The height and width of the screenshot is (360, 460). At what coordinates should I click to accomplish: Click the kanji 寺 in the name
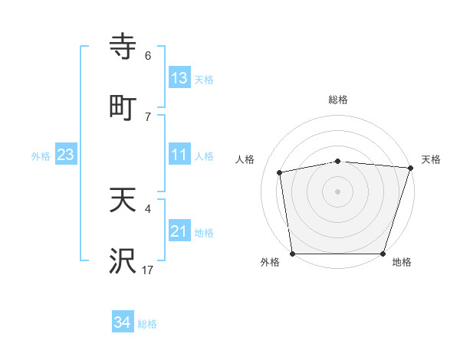point(123,47)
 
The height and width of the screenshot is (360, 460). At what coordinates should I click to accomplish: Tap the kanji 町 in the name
point(123,106)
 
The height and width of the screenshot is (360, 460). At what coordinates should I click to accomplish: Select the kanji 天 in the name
point(123,200)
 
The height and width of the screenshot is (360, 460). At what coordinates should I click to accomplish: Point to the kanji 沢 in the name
point(123,261)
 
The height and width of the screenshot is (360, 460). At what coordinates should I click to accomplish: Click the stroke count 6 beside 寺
point(148,56)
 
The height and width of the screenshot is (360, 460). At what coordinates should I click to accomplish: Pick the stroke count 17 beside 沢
point(148,270)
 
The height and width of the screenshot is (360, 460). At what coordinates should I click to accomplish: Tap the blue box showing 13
point(179,78)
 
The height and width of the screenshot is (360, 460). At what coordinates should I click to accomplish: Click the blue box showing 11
point(179,155)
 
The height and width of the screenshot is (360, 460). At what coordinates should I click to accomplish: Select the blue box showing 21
point(179,231)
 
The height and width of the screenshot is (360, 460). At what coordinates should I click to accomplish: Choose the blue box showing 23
point(66,155)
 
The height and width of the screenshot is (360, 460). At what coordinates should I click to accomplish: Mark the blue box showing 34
point(123,323)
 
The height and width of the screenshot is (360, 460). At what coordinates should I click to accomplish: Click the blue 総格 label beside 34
point(147,324)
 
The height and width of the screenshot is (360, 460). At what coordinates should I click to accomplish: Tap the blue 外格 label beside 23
point(41,155)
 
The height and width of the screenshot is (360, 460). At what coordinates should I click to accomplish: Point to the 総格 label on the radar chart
point(338,100)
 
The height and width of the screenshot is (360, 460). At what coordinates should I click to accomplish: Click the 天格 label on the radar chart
point(431,159)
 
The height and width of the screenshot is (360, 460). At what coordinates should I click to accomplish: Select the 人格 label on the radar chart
point(245,159)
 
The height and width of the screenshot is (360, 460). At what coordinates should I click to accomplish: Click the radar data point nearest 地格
point(383,254)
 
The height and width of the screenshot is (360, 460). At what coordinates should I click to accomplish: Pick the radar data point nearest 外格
point(292,254)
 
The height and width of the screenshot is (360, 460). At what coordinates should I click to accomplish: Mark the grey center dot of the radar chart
point(338,191)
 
